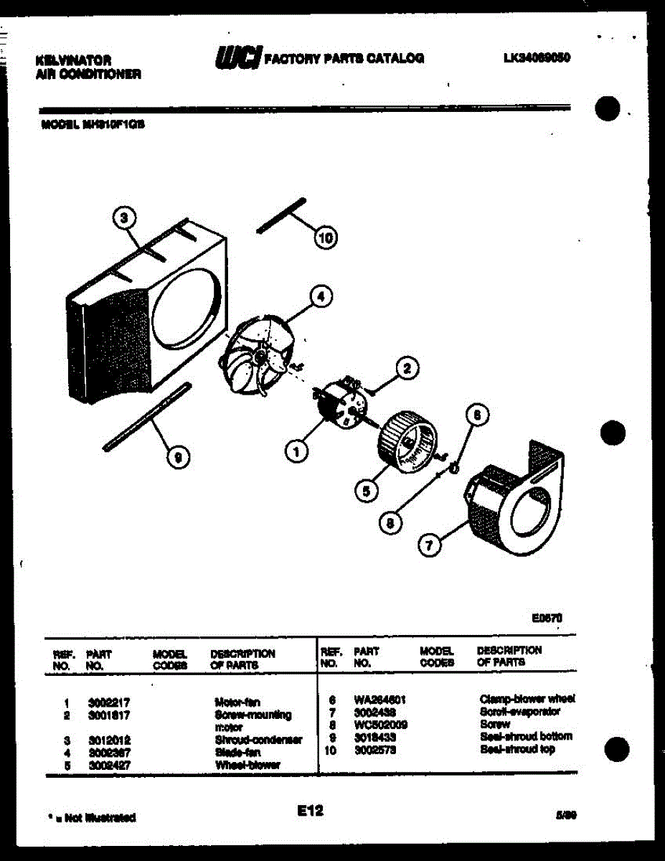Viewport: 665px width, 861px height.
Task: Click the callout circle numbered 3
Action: [x=125, y=217]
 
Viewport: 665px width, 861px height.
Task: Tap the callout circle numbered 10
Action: [x=326, y=237]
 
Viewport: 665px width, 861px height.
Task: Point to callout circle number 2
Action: [x=407, y=369]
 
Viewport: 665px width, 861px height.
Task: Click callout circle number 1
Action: [x=295, y=451]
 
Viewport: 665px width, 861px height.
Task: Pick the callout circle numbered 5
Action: [x=366, y=491]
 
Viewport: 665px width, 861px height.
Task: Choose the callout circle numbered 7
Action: [x=429, y=546]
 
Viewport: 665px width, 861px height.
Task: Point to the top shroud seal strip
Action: [x=282, y=215]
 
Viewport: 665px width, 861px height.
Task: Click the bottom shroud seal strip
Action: [x=147, y=417]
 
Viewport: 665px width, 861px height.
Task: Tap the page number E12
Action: [x=310, y=811]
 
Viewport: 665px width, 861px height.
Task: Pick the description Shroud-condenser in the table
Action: [x=258, y=740]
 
